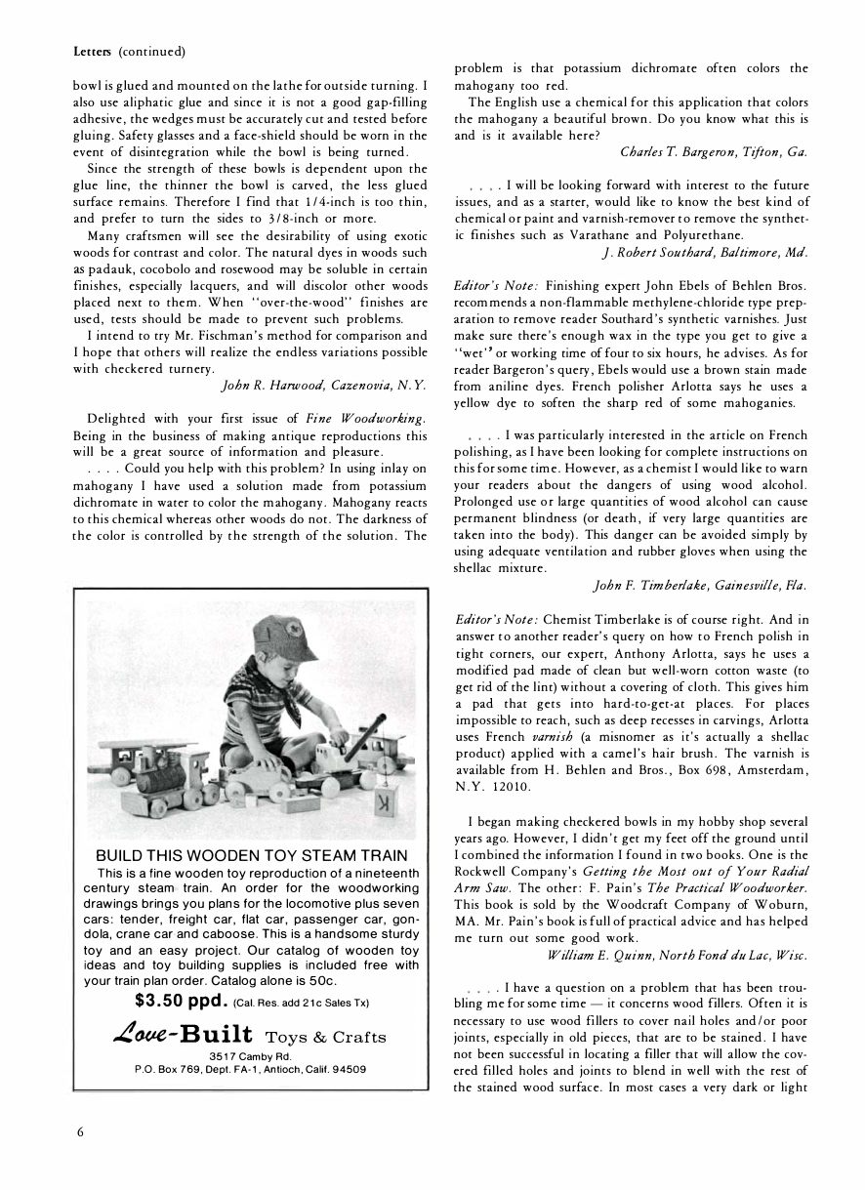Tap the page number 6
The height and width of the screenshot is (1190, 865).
pyautogui.click(x=80, y=1132)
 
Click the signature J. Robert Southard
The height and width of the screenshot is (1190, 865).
pyautogui.click(x=664, y=253)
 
